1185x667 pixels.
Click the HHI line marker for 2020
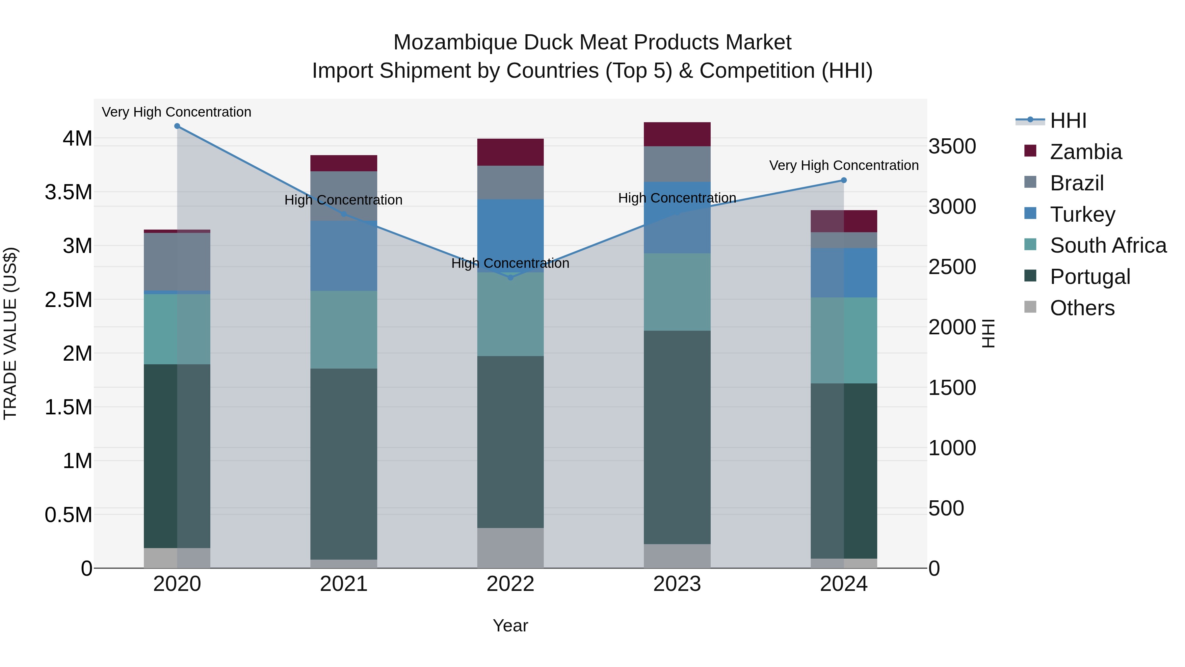177,126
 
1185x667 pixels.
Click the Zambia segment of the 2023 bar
677,134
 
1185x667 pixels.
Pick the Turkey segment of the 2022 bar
510,236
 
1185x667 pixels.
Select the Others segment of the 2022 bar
510,548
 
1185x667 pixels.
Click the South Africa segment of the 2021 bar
344,330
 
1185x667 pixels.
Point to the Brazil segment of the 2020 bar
177,262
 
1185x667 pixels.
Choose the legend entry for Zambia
1086,152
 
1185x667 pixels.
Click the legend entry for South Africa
1108,245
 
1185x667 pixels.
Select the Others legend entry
1082,308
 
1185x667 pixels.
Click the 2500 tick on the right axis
952,267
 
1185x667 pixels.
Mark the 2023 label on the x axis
677,584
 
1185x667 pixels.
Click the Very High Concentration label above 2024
844,165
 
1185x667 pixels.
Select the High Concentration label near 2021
343,200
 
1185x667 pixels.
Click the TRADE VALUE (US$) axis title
10,333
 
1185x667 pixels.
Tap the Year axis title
510,625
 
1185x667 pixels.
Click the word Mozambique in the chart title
456,42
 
